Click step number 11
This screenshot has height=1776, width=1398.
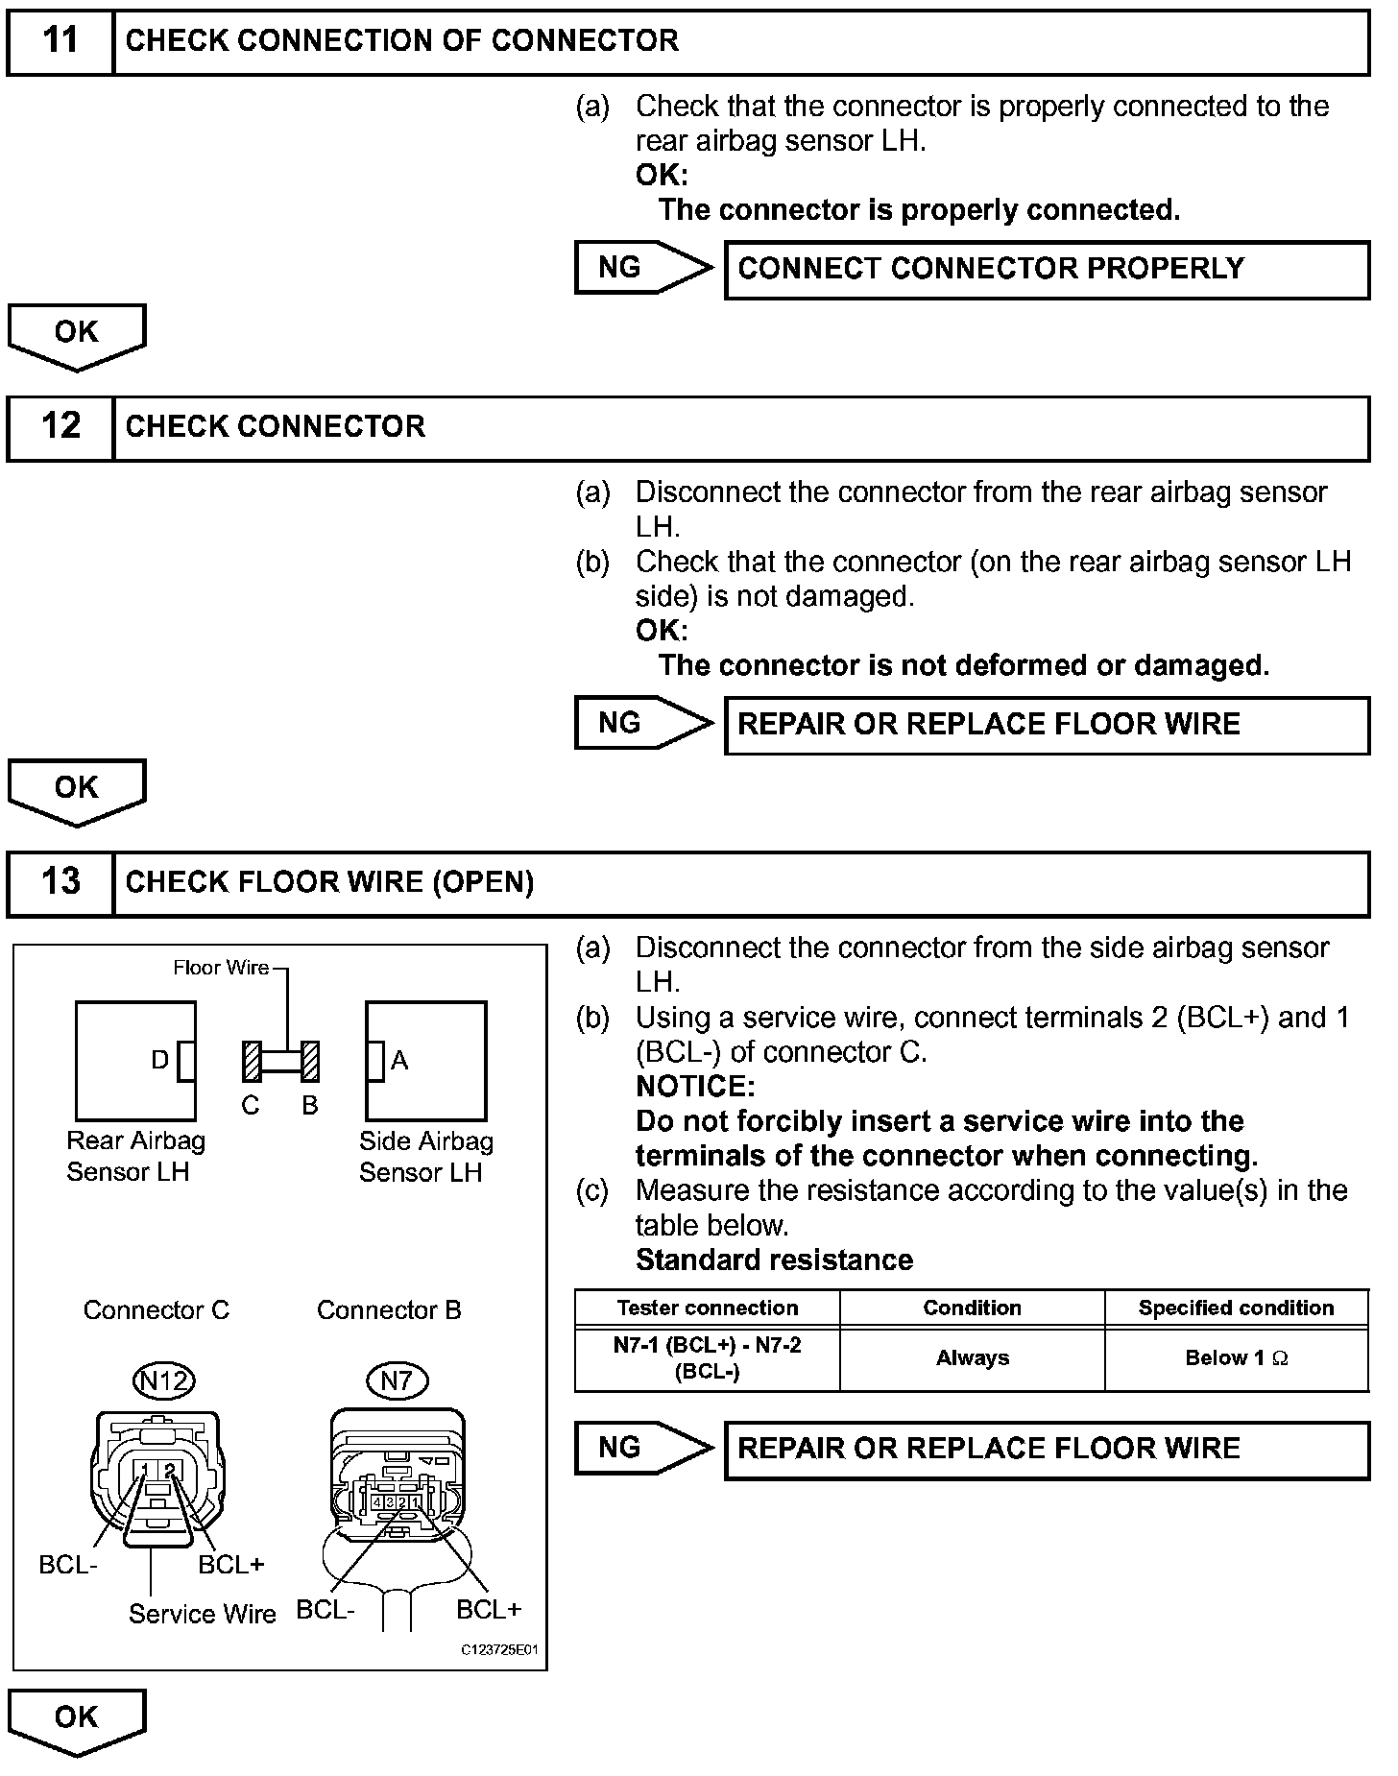click(60, 41)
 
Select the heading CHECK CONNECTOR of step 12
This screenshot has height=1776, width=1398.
click(275, 426)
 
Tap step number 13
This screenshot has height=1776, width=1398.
click(60, 881)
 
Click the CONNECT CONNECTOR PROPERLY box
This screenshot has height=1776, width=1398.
click(1047, 269)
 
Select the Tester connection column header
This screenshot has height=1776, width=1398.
click(707, 1308)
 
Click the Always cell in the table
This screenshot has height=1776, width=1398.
click(972, 1357)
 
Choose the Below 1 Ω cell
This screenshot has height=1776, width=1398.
click(1236, 1357)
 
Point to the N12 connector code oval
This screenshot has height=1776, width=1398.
click(163, 1380)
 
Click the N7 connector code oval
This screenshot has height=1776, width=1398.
click(397, 1380)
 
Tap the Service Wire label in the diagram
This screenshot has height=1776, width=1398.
click(202, 1614)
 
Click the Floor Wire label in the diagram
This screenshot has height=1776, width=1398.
click(221, 968)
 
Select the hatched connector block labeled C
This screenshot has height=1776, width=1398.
click(253, 1061)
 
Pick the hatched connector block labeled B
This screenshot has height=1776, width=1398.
click(310, 1061)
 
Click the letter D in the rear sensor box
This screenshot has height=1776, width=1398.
click(160, 1060)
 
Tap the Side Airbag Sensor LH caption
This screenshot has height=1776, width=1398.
click(425, 1156)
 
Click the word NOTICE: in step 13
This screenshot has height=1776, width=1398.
click(695, 1087)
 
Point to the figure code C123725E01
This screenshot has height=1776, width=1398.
click(498, 1650)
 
